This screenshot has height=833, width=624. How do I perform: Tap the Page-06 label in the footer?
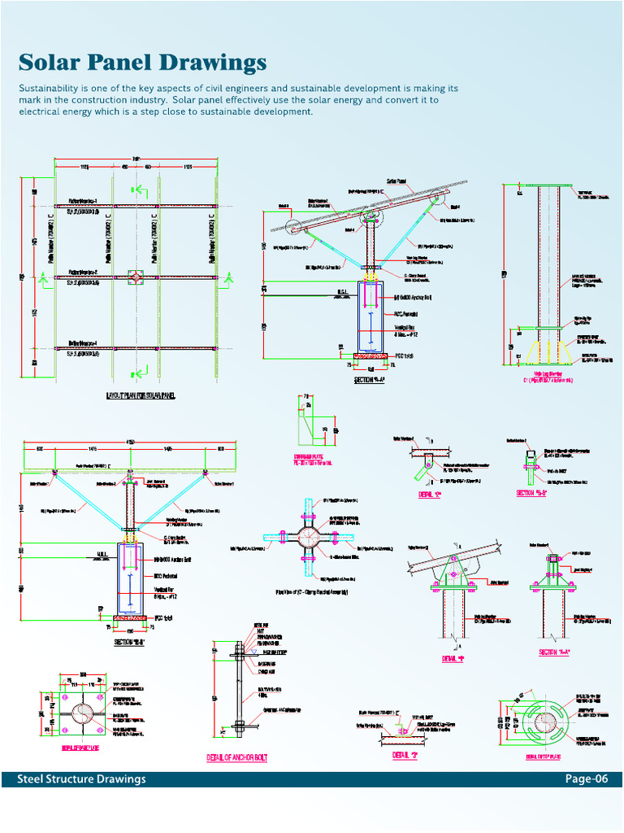pyautogui.click(x=587, y=779)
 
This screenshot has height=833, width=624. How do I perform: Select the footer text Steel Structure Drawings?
pyautogui.click(x=82, y=779)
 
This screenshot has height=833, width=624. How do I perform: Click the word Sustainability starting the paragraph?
pyautogui.click(x=54, y=88)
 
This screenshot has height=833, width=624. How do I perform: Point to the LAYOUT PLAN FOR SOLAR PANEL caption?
pyautogui.click(x=141, y=396)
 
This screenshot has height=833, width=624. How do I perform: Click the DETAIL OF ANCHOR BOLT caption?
pyautogui.click(x=237, y=758)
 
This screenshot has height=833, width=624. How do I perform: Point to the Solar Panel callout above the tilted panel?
pyautogui.click(x=396, y=181)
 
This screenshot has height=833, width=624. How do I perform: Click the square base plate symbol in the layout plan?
pyautogui.click(x=135, y=278)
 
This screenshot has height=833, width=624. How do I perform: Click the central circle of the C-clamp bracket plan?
pyautogui.click(x=310, y=538)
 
